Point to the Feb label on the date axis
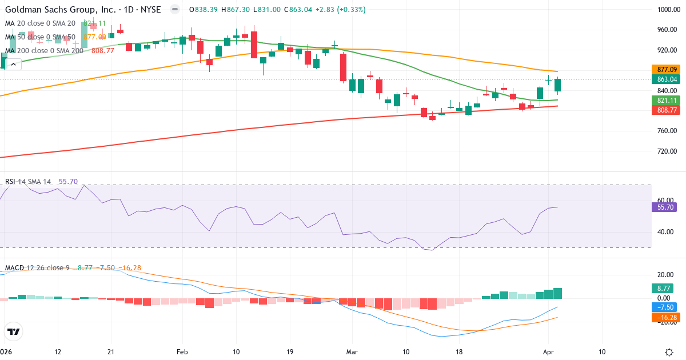pos(182,351)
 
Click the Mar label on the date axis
pos(352,351)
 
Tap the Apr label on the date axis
pos(548,351)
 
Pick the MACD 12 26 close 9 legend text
pos(37,267)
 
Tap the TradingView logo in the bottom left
pos(14,331)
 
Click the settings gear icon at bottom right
pos(669,351)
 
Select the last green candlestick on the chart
pos(557,85)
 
